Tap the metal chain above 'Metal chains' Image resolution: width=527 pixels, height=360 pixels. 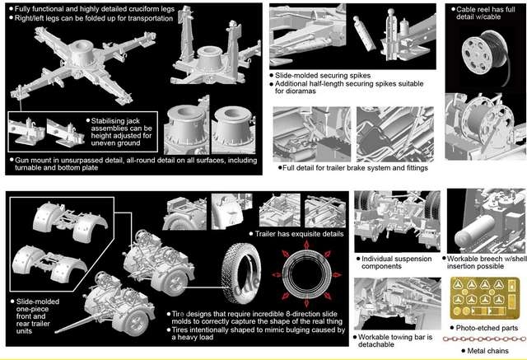pyautogui.click(x=485, y=339)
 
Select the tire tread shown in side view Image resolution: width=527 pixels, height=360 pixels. pyautogui.click(x=240, y=274)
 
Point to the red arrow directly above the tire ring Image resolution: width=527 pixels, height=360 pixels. pyautogui.click(x=306, y=245)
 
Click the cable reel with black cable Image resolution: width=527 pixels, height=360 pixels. pyautogui.click(x=485, y=54)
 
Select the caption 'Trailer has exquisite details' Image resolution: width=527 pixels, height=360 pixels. pyautogui.click(x=299, y=234)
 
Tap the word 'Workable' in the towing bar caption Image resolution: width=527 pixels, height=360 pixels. pyautogui.click(x=372, y=337)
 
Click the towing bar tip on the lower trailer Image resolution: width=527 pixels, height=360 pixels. pyautogui.click(x=57, y=332)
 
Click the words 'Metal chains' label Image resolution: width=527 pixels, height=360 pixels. pyautogui.click(x=487, y=351)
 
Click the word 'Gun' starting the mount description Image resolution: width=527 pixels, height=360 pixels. pyautogui.click(x=21, y=161)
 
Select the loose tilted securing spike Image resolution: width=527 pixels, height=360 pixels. pyautogui.click(x=364, y=34)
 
